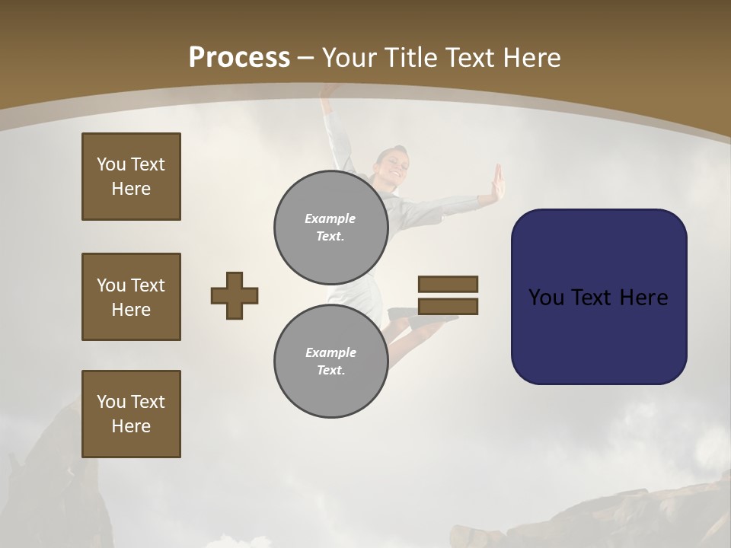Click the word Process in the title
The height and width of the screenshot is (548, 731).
(x=239, y=58)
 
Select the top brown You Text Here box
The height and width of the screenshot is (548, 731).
(x=131, y=177)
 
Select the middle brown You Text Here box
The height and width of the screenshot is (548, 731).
(x=131, y=297)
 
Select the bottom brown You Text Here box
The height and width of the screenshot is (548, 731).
(x=131, y=413)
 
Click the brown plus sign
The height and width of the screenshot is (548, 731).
(x=235, y=295)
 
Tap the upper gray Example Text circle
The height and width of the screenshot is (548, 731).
(x=330, y=227)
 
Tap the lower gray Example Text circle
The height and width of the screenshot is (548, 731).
(x=330, y=361)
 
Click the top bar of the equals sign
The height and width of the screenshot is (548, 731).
(x=448, y=284)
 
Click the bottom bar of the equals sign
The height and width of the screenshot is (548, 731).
(x=448, y=306)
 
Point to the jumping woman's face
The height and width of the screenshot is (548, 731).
(x=393, y=165)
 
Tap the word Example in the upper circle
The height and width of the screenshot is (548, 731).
(x=330, y=218)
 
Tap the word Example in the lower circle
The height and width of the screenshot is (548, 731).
(x=330, y=352)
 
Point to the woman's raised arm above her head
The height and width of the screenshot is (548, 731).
(x=333, y=122)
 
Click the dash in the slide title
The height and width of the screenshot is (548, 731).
(x=306, y=58)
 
